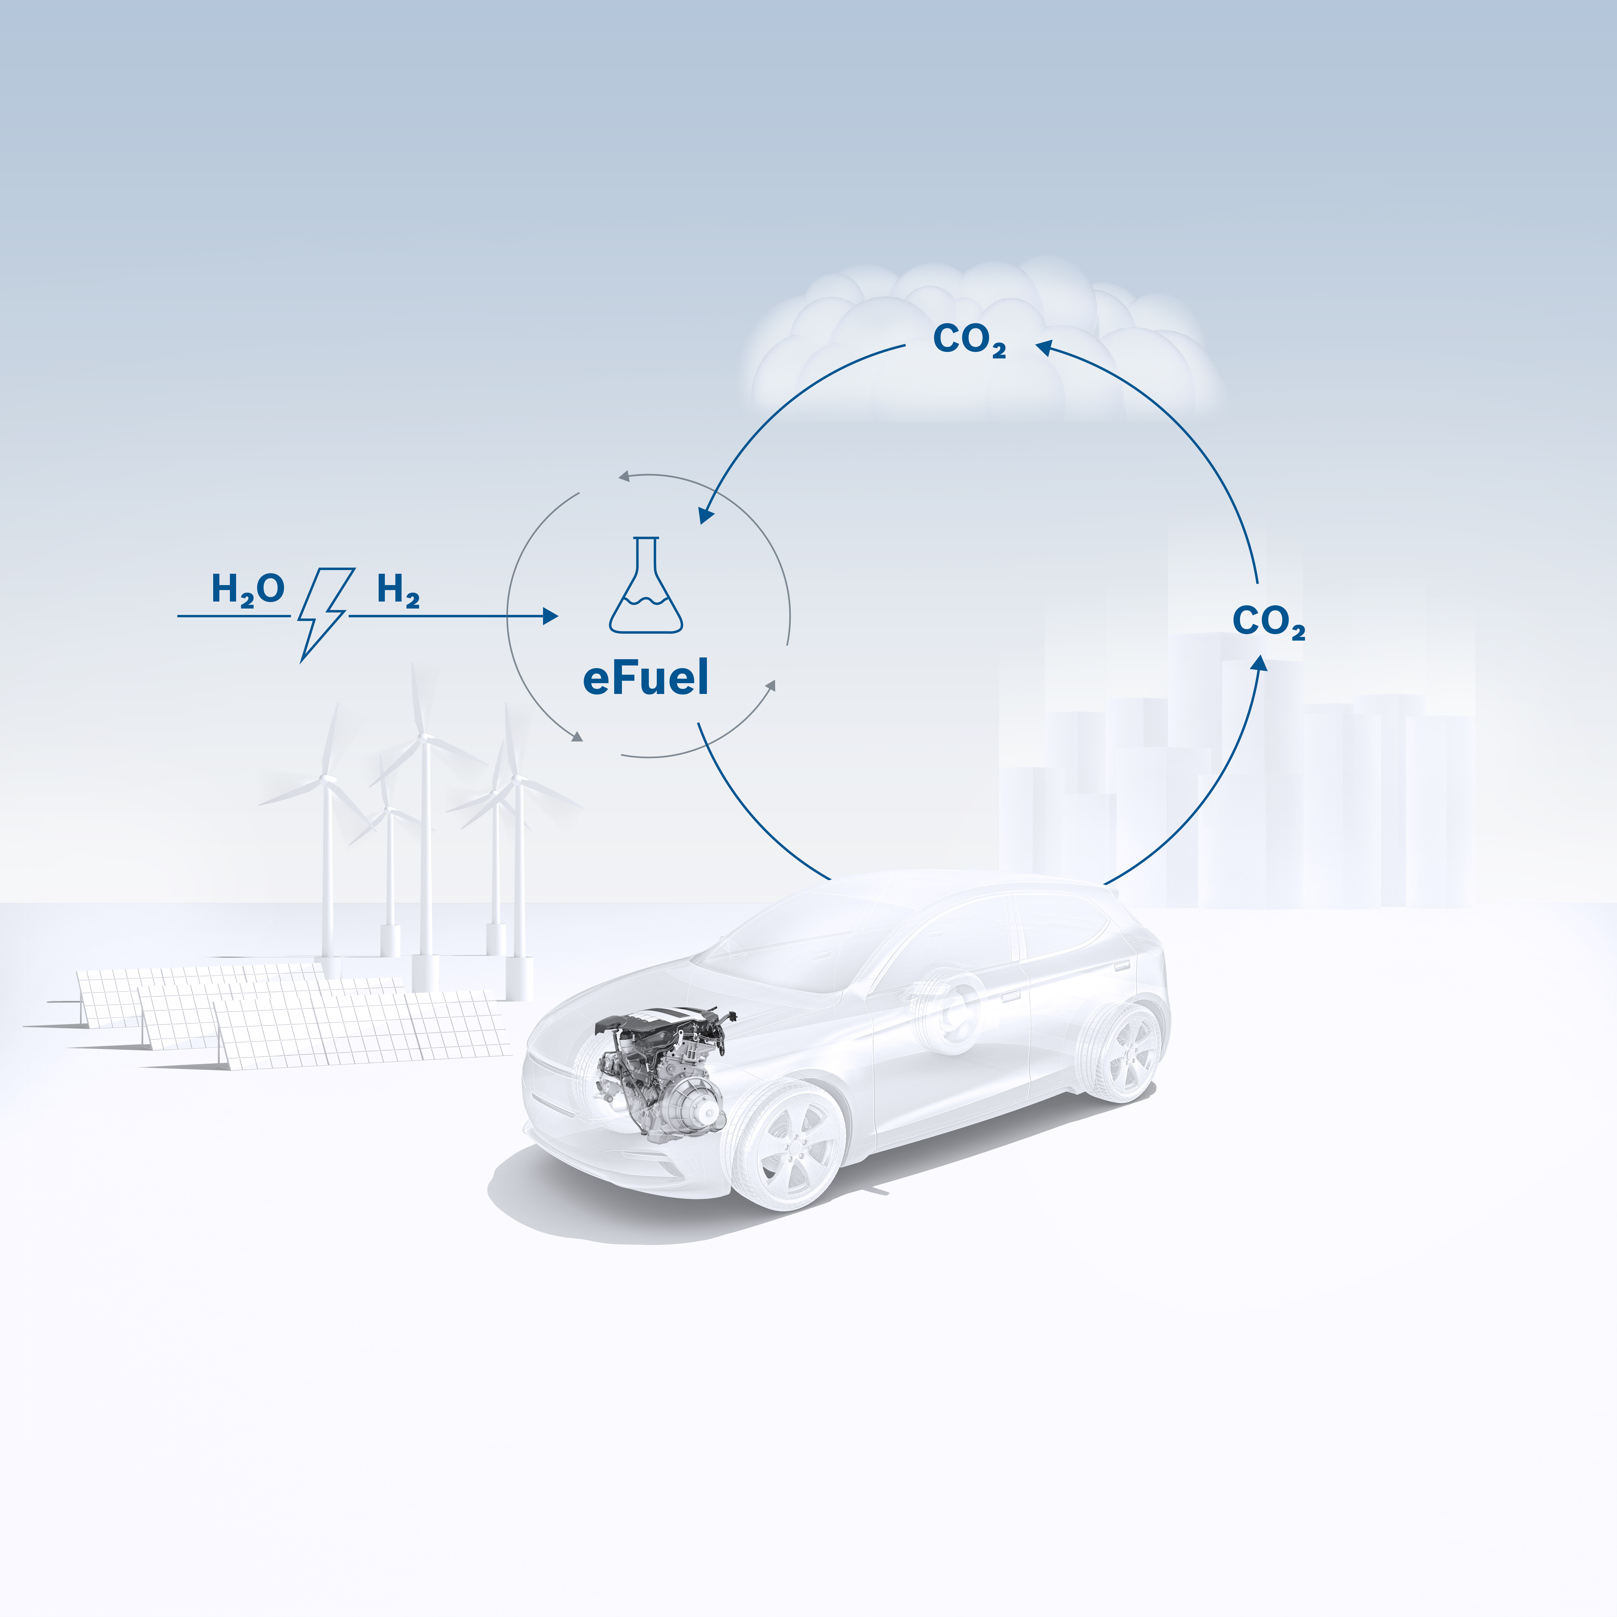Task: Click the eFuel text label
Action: tap(645, 678)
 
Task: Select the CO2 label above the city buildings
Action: tap(1268, 622)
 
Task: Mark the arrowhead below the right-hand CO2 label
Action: tap(1260, 665)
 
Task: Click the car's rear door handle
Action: tap(1121, 965)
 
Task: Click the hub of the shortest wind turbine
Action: tap(388, 810)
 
